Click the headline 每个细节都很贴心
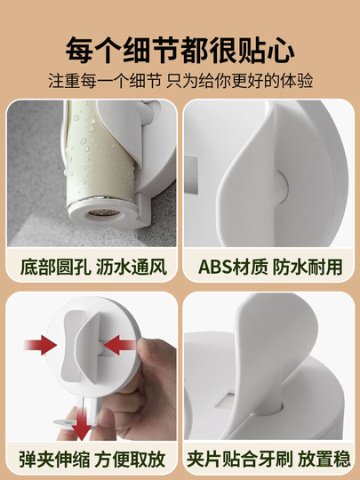pos(180,50)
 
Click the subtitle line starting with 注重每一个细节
pos(180,81)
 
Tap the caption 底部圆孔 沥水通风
pos(93,267)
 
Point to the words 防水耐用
pos(308,267)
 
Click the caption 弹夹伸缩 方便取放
pos(92,459)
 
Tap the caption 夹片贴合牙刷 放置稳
pos(268,459)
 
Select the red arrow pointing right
pos(40,345)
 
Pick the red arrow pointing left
pos(120,345)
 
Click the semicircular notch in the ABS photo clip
pos(281,188)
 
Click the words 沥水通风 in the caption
pos(132,267)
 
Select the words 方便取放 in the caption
pos(130,459)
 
